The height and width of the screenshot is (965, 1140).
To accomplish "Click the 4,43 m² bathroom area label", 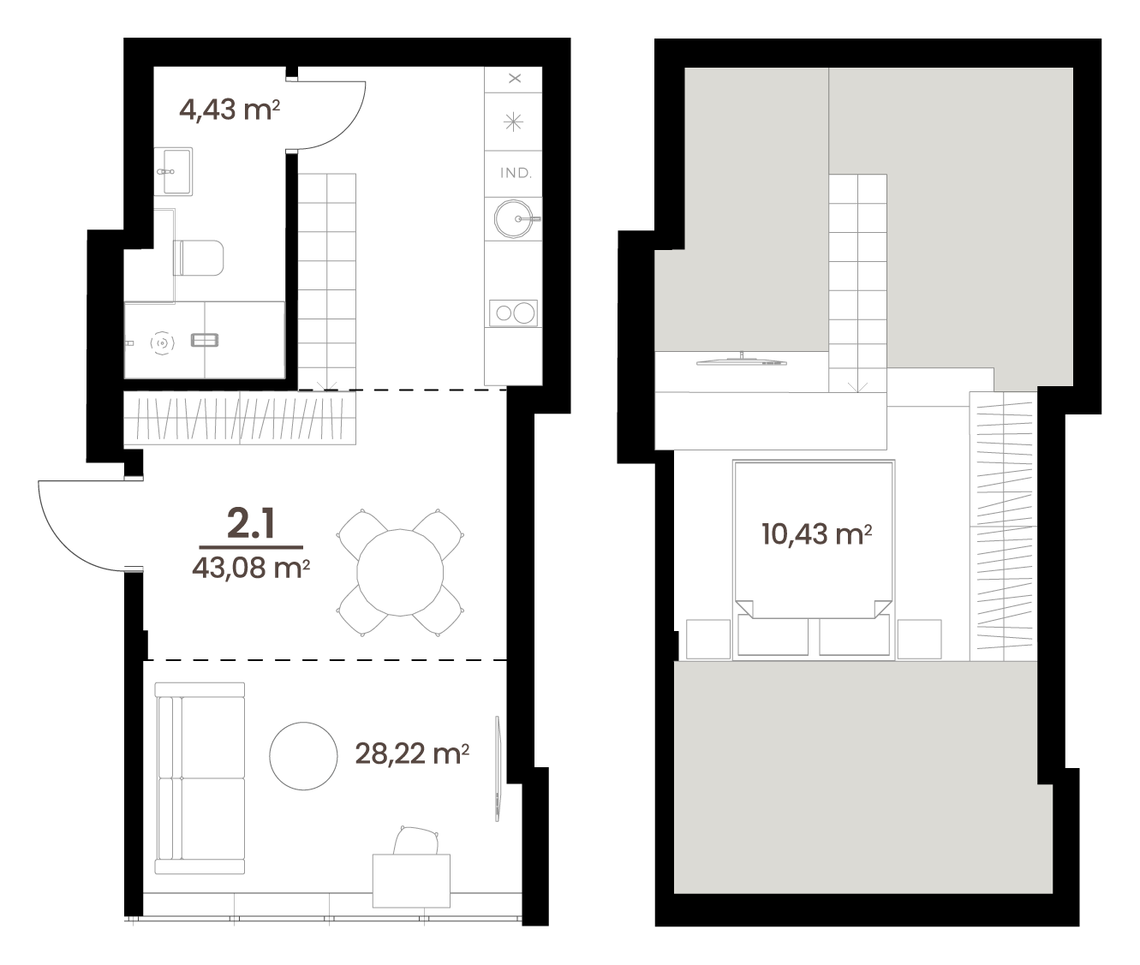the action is pos(230,110).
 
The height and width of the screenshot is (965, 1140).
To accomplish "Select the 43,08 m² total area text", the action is pos(251,567).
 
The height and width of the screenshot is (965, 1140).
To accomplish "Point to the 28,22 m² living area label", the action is pos(412,754).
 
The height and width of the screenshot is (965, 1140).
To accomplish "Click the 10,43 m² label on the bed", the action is pos(817,533).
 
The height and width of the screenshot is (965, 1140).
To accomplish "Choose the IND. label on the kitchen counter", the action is pos(516,173).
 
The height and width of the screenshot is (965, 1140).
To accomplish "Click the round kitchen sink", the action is pos(513,219).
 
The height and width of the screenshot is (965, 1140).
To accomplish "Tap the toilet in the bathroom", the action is pos(199,258).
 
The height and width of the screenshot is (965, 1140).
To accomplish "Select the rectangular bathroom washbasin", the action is pos(173,171).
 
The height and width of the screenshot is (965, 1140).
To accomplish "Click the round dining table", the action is pos(400,572).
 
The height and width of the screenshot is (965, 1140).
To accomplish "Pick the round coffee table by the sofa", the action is pos(303,756).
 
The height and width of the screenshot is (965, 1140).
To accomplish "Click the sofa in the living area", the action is pos(200,778).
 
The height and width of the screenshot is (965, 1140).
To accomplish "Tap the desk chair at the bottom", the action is pos(416,840).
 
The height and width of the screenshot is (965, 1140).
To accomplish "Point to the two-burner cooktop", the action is pos(513,313).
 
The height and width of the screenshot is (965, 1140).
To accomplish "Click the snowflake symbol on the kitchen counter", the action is pos(513,122).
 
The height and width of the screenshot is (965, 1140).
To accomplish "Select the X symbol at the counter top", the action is pos(515,78).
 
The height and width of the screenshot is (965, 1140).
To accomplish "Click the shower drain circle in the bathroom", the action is pos(162,343).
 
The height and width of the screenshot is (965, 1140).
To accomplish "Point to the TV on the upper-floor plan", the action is pos(742,360).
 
